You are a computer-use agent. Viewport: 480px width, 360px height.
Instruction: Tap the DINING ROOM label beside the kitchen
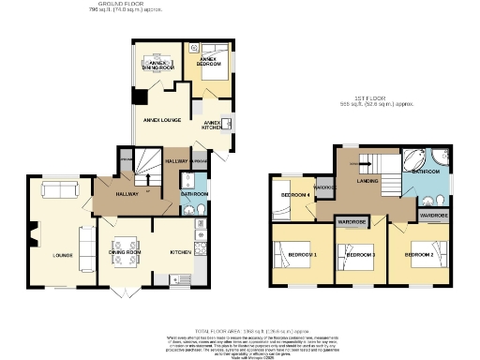[x=125, y=252]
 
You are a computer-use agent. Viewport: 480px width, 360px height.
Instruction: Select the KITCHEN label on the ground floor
[x=180, y=252]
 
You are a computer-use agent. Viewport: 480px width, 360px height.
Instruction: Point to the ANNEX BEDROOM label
[x=207, y=62]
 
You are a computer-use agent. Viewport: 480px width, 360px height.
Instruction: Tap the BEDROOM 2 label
[x=420, y=254]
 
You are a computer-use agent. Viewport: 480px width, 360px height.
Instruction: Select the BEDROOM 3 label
[x=361, y=255]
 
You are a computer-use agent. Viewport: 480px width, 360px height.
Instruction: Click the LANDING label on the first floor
[x=367, y=181]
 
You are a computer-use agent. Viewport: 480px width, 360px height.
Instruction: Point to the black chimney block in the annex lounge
[x=140, y=97]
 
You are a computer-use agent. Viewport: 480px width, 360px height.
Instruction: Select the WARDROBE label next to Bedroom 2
[x=433, y=216]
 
